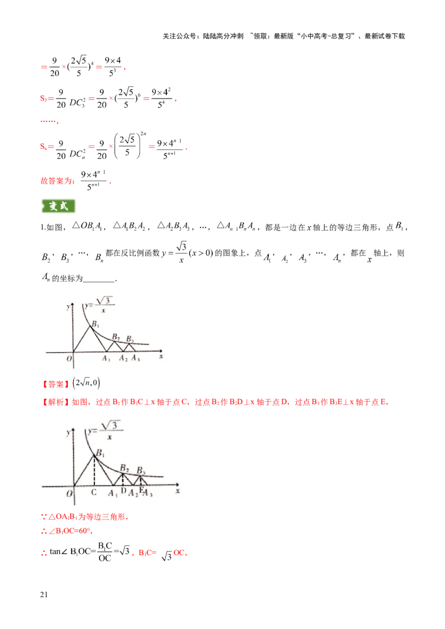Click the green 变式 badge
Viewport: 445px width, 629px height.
58,206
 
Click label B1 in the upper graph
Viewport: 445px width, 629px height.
96,324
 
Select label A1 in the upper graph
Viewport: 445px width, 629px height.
106,359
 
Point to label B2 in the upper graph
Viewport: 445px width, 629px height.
116,337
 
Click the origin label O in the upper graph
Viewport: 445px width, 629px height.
69,358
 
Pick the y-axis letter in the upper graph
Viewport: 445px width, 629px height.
67,307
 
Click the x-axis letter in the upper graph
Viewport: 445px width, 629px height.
161,359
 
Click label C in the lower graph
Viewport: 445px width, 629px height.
93,492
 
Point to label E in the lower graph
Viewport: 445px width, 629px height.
141,490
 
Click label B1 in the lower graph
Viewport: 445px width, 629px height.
100,453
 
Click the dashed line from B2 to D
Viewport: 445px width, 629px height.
123,480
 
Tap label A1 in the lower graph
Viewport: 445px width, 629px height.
113,493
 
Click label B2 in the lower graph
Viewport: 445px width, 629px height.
125,467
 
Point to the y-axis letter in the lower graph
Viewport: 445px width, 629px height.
67,432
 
